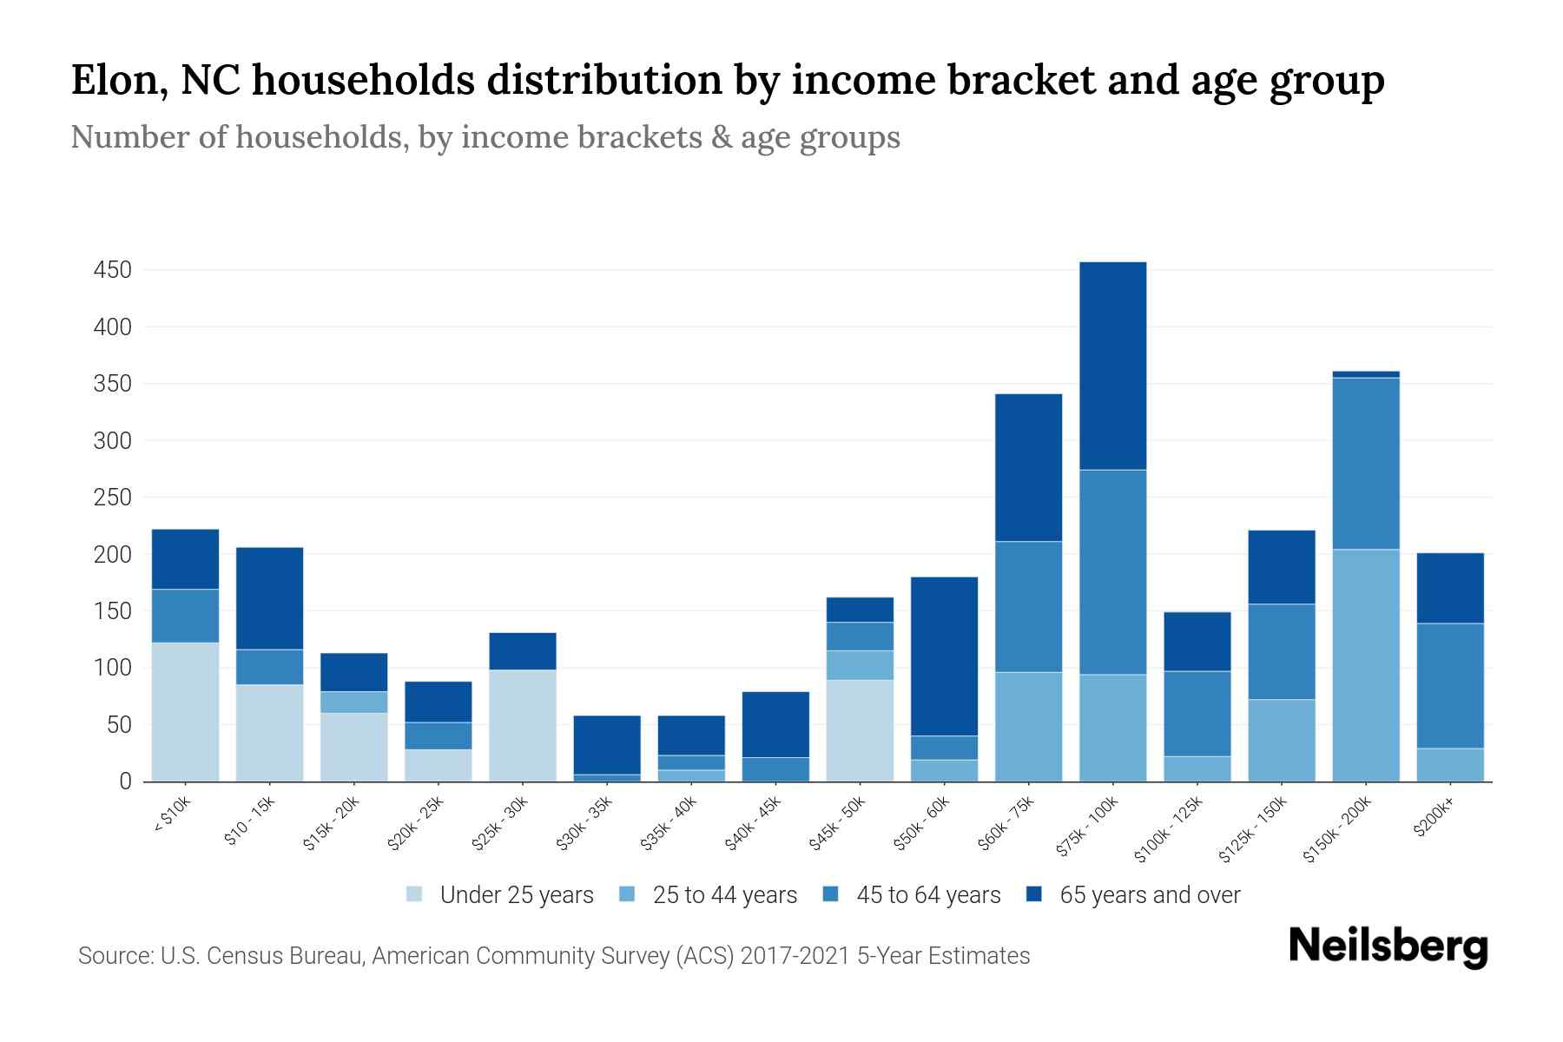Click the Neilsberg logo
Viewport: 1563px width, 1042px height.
tap(1388, 946)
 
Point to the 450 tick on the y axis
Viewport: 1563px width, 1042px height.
tap(112, 270)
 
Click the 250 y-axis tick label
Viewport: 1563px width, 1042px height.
tap(112, 498)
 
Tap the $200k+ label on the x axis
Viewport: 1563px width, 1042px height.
tap(1433, 820)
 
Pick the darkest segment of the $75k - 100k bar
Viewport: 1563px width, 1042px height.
tap(1112, 366)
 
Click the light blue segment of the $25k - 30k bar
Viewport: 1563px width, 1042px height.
tap(522, 725)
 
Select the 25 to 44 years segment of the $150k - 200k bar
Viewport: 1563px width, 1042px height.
tap(1365, 665)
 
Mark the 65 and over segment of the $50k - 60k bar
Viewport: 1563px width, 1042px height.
tap(944, 656)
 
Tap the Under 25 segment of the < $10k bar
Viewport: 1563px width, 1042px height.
tap(185, 712)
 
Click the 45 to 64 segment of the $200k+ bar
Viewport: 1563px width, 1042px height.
tap(1449, 686)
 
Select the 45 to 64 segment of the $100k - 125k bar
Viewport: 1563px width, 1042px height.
tap(1197, 714)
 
